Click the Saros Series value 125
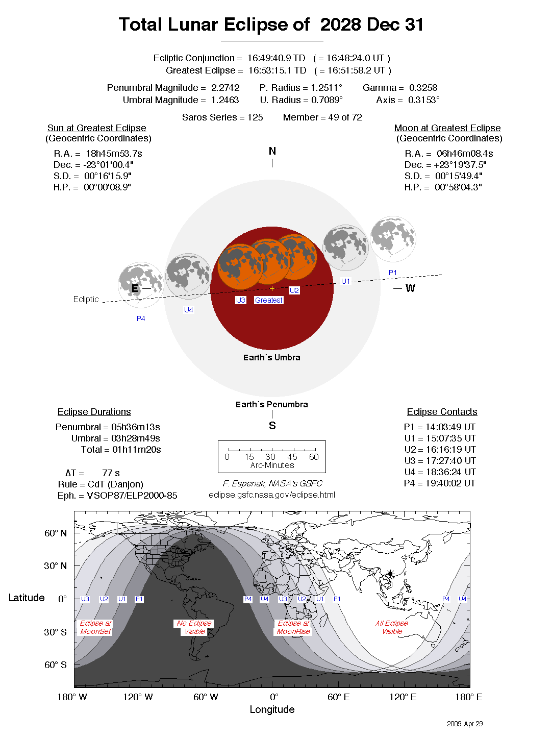pyautogui.click(x=255, y=117)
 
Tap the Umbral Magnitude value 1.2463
pyautogui.click(x=225, y=100)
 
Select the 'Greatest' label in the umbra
pyautogui.click(x=269, y=300)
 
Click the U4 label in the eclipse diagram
pyautogui.click(x=189, y=310)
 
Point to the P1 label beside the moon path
pyautogui.click(x=393, y=273)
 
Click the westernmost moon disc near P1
pyautogui.click(x=393, y=239)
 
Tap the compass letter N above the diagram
pyautogui.click(x=272, y=151)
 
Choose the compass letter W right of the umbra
pyautogui.click(x=410, y=288)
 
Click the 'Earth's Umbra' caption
pyautogui.click(x=272, y=358)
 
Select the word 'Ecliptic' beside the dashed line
pyautogui.click(x=86, y=300)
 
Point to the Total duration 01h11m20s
pyautogui.click(x=137, y=450)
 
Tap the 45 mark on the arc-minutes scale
pyautogui.click(x=292, y=457)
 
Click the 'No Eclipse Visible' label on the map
pyautogui.click(x=194, y=627)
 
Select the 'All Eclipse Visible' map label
pyautogui.click(x=392, y=627)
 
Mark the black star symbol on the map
pyautogui.click(x=390, y=574)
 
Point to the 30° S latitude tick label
pyautogui.click(x=55, y=632)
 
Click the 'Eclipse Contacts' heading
pyautogui.click(x=442, y=412)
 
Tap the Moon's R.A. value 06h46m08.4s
pyautogui.click(x=465, y=154)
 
